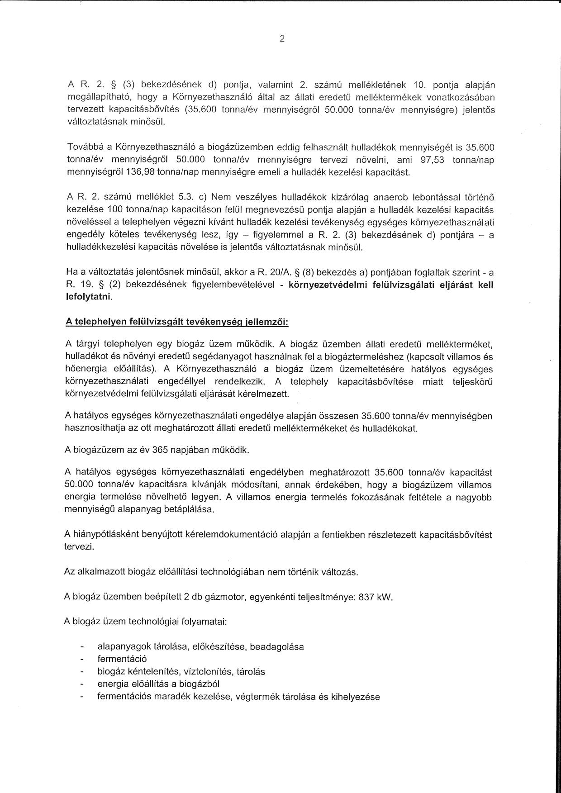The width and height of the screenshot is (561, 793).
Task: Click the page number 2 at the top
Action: click(282, 39)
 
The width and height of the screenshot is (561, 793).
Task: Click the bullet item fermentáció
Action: click(122, 659)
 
